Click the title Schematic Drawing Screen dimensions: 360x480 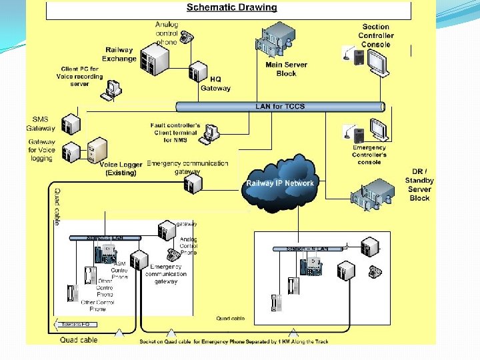pos(231,8)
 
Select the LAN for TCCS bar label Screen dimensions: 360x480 pos(280,107)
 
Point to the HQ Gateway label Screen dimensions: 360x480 pos(215,84)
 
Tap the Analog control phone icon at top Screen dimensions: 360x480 pos(185,37)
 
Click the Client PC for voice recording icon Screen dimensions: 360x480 pos(113,89)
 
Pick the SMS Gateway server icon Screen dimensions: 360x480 pos(71,123)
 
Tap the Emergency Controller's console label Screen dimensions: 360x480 pos(369,155)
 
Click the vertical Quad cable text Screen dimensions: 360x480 pos(57,206)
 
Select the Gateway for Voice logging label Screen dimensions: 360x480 pos(41,151)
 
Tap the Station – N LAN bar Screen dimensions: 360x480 pos(308,249)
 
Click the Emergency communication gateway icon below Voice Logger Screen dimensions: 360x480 pos(191,183)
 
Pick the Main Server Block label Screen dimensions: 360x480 pos(287,69)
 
